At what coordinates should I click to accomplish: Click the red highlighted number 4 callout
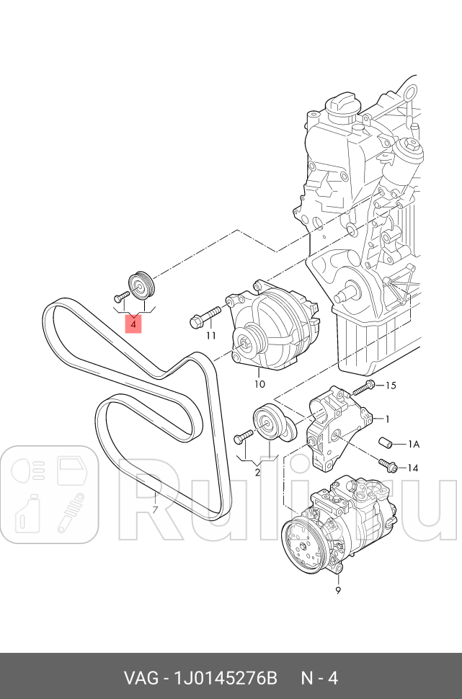coord(133,325)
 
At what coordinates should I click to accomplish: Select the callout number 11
coord(210,335)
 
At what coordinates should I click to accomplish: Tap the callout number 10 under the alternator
coord(259,384)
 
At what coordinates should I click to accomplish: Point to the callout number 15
coord(391,386)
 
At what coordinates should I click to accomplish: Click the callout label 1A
coord(414,444)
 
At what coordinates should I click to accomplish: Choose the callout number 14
coord(413,468)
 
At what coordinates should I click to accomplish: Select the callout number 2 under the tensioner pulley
coord(257,473)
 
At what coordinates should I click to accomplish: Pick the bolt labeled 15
coord(363,388)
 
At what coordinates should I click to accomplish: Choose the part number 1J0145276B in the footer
coord(226,678)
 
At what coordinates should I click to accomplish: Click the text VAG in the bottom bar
coord(140,678)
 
